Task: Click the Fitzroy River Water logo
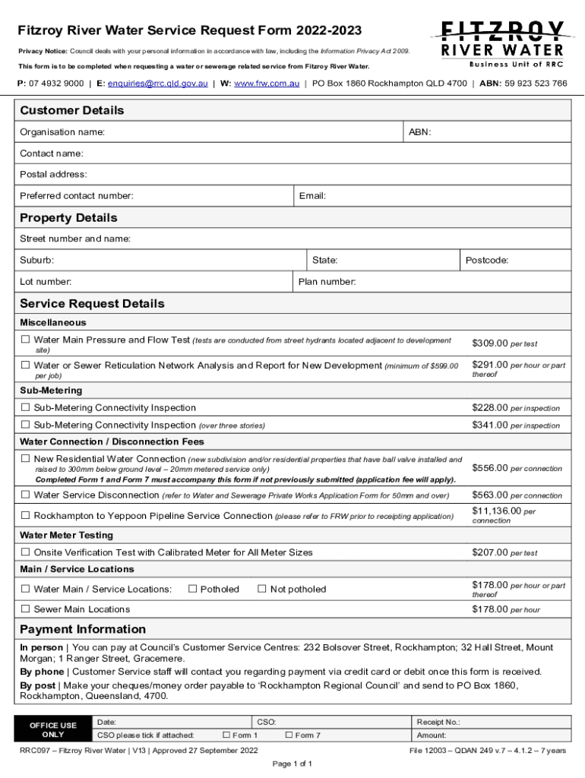coord(498,43)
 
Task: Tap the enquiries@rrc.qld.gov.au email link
coord(157,84)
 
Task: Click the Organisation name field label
coord(62,132)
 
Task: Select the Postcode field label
coord(487,260)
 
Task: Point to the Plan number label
coord(327,282)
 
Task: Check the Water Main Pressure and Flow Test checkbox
coord(25,340)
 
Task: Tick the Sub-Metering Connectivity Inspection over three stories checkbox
coord(25,425)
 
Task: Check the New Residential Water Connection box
coord(25,459)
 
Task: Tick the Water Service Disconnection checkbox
coord(25,495)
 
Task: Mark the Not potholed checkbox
coord(262,589)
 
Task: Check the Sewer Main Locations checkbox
coord(25,609)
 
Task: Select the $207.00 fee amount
coord(490,552)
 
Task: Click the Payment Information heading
coord(83,629)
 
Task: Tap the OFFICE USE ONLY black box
coord(52,729)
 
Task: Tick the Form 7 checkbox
coord(288,735)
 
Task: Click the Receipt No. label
coord(438,722)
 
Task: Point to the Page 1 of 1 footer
coord(292,764)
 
